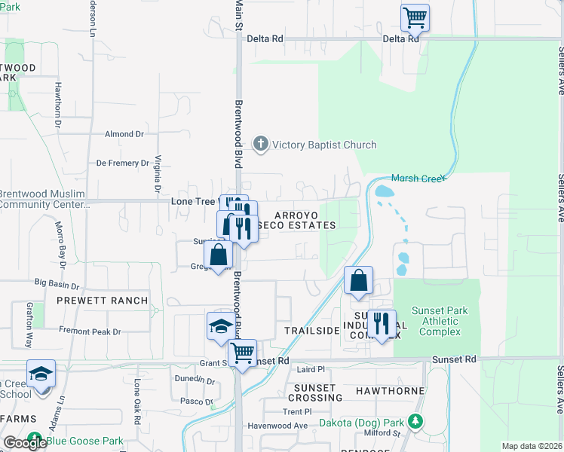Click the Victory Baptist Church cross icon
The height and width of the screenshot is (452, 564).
tap(261, 144)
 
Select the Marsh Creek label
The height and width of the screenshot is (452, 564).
tap(418, 179)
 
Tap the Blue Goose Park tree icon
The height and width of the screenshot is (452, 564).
tap(35, 440)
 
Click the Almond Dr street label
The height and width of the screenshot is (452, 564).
tap(124, 134)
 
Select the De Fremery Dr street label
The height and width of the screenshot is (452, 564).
tap(123, 163)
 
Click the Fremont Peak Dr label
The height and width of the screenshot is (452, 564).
tap(90, 331)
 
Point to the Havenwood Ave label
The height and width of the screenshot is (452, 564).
tap(279, 426)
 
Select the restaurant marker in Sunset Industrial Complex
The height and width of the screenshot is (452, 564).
tap(382, 324)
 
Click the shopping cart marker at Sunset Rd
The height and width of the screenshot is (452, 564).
tap(243, 353)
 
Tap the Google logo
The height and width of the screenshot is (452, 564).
tap(24, 444)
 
